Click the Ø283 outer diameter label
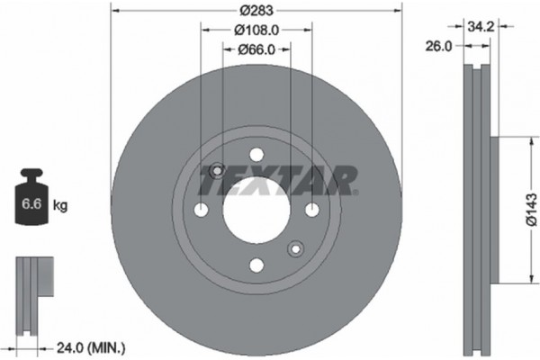[255, 12]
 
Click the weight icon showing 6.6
[34, 199]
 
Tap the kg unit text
[60, 206]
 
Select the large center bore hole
[256, 209]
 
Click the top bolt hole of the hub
[256, 154]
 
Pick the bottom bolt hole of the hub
[256, 265]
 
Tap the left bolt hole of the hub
[201, 210]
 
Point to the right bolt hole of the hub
[311, 210]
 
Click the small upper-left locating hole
[216, 171]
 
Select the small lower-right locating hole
[294, 248]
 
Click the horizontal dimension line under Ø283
[180, 12]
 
